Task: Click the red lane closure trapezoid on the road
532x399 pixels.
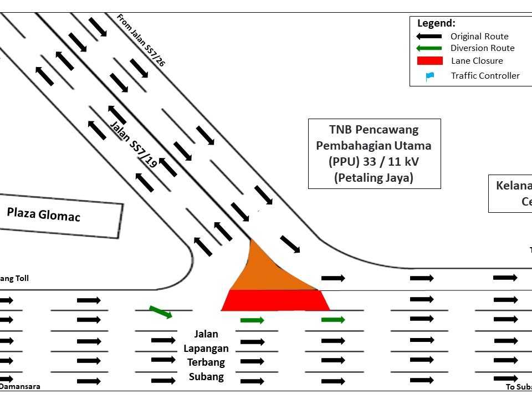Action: pyautogui.click(x=275, y=300)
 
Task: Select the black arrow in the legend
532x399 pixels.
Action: pyautogui.click(x=429, y=36)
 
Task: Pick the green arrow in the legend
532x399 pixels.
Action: pyautogui.click(x=429, y=48)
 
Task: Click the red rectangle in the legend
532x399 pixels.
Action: pyautogui.click(x=429, y=60)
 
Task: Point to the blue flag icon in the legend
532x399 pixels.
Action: pyautogui.click(x=429, y=76)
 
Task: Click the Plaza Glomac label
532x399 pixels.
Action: pyautogui.click(x=44, y=213)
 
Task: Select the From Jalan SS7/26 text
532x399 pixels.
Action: pyautogui.click(x=141, y=40)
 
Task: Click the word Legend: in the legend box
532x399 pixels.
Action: pyautogui.click(x=436, y=23)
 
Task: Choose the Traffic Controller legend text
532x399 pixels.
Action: pyautogui.click(x=485, y=76)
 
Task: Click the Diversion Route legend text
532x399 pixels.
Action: pyautogui.click(x=482, y=48)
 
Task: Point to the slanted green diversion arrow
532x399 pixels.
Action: pyautogui.click(x=161, y=312)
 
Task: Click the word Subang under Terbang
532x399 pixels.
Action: pyautogui.click(x=206, y=377)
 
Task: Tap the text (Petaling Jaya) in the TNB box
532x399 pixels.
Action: pyautogui.click(x=374, y=178)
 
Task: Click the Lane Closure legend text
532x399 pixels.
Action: pyautogui.click(x=477, y=61)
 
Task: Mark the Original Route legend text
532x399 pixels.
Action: pyautogui.click(x=479, y=37)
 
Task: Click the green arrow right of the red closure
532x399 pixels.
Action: pyautogui.click(x=333, y=320)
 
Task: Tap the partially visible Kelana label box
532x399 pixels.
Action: pyautogui.click(x=510, y=193)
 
